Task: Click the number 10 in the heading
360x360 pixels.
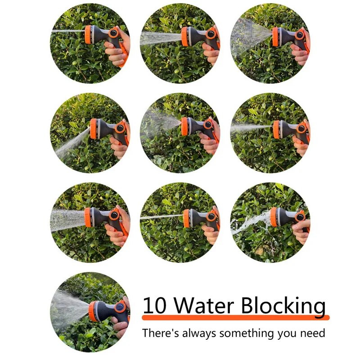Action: (x=154, y=305)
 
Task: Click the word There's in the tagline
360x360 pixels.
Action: (x=160, y=333)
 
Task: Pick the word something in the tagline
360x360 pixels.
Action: (x=247, y=334)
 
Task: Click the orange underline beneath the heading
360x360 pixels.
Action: (x=236, y=318)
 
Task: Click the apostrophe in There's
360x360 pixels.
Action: (x=171, y=330)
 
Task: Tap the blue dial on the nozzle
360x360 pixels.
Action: (x=120, y=307)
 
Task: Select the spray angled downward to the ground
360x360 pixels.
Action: (x=72, y=143)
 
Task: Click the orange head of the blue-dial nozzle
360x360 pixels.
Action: (x=93, y=311)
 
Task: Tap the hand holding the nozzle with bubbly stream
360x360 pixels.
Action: (x=301, y=231)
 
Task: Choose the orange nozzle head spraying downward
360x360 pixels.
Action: (x=94, y=129)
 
